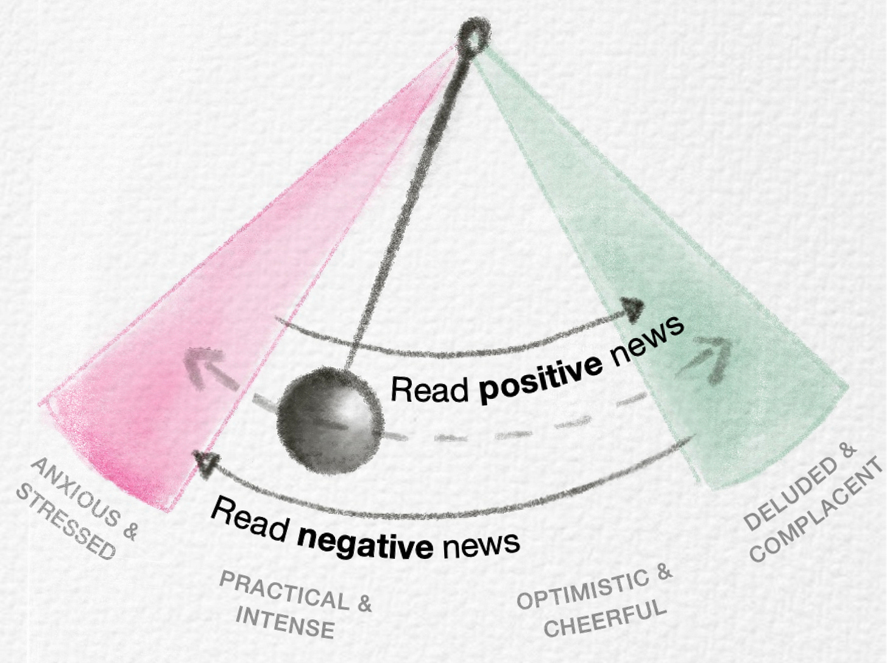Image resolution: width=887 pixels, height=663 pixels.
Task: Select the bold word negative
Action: (x=365, y=542)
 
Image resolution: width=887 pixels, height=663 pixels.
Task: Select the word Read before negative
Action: (x=250, y=518)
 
